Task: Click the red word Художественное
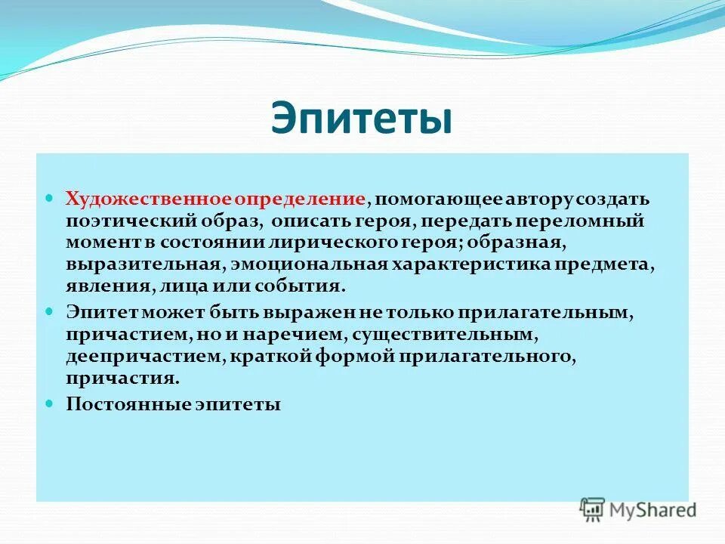(148, 199)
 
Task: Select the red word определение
(299, 199)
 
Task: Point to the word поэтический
(123, 222)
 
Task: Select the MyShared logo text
(653, 509)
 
